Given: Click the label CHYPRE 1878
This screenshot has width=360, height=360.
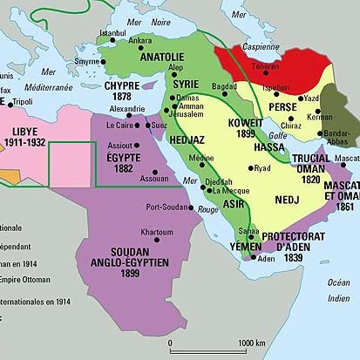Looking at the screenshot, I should tap(123, 92).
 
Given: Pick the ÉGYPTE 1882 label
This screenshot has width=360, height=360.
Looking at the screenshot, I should tap(115, 156).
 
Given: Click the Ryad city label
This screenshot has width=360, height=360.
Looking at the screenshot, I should tap(262, 167).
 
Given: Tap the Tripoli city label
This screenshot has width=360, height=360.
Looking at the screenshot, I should tap(23, 102).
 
